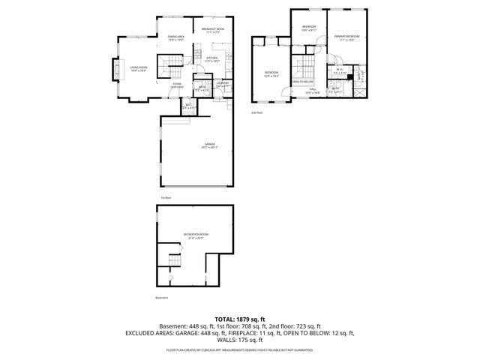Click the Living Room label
pyautogui.click(x=139, y=68)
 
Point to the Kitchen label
pyautogui.click(x=212, y=59)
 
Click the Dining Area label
pyautogui.click(x=176, y=38)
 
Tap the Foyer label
pyautogui.click(x=177, y=85)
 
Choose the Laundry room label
pyautogui.click(x=223, y=85)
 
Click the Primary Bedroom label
pyautogui.click(x=346, y=37)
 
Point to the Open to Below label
pyautogui.click(x=302, y=81)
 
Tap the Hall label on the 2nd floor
pyautogui.click(x=313, y=91)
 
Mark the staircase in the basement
pyautogui.click(x=175, y=261)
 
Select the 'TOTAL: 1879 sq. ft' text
pyautogui.click(x=239, y=319)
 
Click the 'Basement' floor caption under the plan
pyautogui.click(x=161, y=298)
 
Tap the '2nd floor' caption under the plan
pyautogui.click(x=257, y=112)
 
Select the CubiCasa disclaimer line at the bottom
pyautogui.click(x=239, y=349)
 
